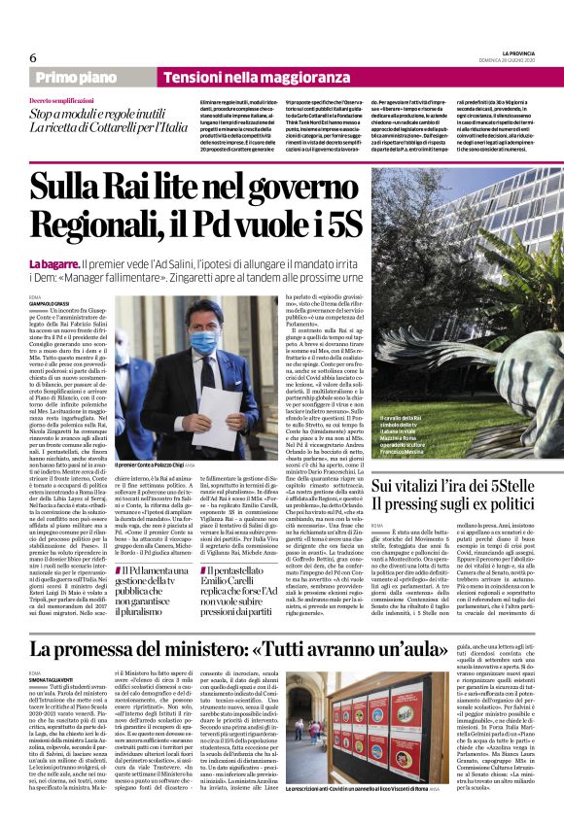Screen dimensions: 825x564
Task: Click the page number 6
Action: [x=33, y=58]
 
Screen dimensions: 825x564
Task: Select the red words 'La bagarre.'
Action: [x=53, y=263]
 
